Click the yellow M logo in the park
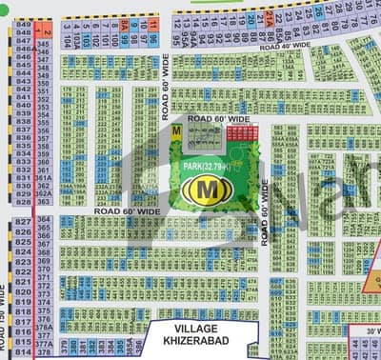pos(203,190)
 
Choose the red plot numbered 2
pos(46,32)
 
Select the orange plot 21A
pos(269,18)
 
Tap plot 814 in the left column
pos(24,351)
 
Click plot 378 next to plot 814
pos(43,351)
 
